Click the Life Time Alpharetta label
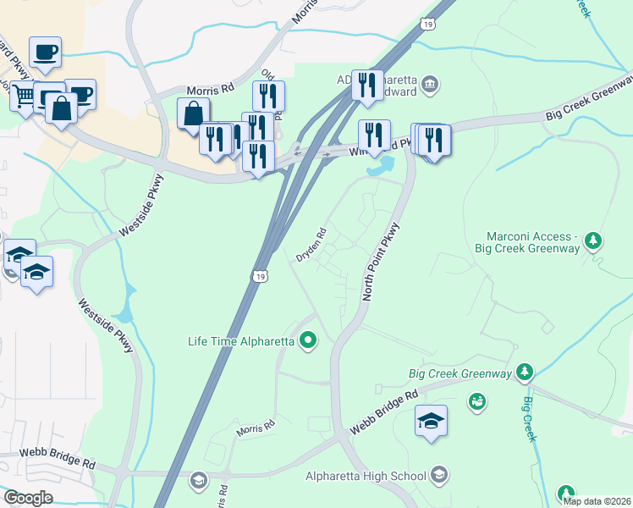[x=240, y=342]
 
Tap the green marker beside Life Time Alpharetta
[x=308, y=342]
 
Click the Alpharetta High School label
[x=366, y=475]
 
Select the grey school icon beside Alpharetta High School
[x=438, y=474]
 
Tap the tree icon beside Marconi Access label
[x=594, y=241]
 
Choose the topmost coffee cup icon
[x=45, y=52]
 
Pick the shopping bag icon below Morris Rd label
[x=194, y=113]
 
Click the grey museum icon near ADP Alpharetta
[x=430, y=83]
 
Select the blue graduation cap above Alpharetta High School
[x=431, y=421]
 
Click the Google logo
[x=28, y=498]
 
